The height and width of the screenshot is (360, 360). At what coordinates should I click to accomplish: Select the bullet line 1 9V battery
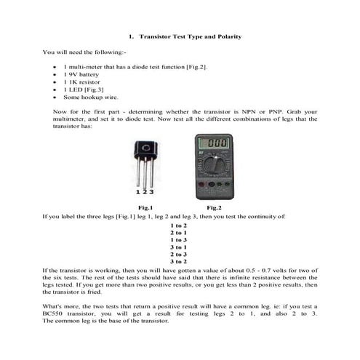click(x=82, y=75)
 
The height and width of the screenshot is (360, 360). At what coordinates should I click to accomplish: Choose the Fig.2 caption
click(x=214, y=208)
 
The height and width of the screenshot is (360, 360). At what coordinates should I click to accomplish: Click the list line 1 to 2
click(x=179, y=225)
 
